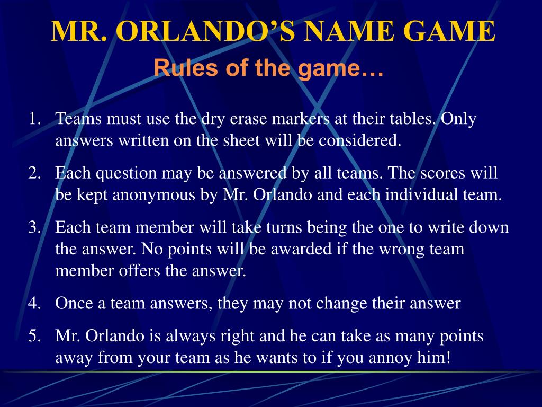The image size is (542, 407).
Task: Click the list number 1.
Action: (x=34, y=119)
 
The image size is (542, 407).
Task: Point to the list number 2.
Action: (x=34, y=173)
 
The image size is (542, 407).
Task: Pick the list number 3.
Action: (x=34, y=227)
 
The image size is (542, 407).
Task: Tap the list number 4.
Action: (x=34, y=303)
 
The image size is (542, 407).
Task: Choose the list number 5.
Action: (x=34, y=336)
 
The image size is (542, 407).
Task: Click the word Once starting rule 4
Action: (x=74, y=303)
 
